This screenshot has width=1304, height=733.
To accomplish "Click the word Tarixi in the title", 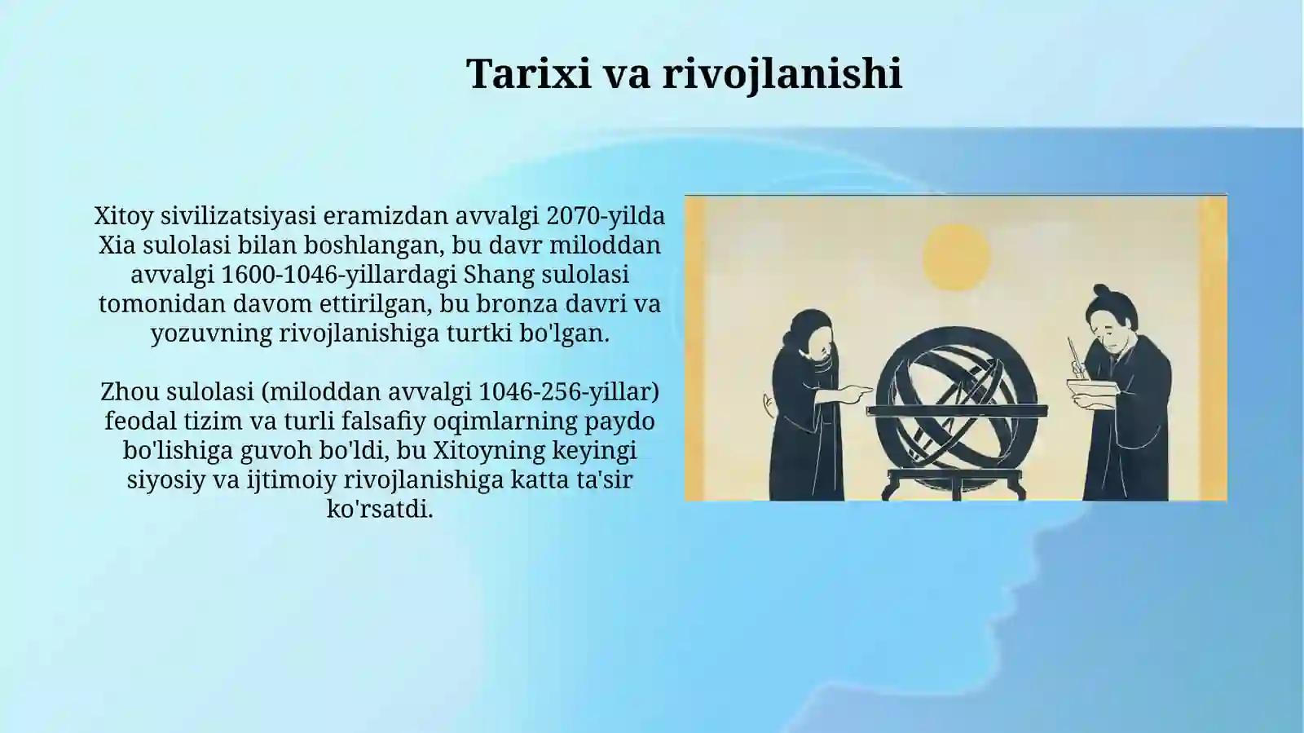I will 528,73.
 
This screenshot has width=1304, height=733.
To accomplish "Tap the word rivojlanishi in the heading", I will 782,73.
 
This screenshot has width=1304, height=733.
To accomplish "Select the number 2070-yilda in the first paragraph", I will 606,216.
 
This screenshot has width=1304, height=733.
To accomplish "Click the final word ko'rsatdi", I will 380,510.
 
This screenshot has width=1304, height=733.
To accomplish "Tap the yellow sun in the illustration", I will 956,257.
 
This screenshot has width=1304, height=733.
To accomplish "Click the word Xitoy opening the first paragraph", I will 123,216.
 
